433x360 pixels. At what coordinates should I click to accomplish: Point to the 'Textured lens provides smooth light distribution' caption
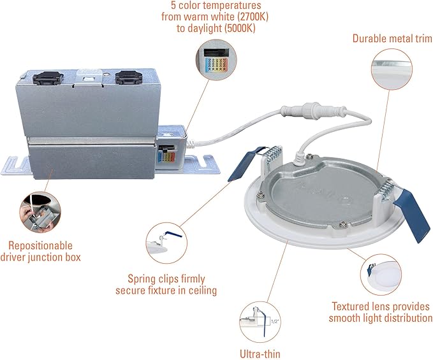[380, 312]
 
